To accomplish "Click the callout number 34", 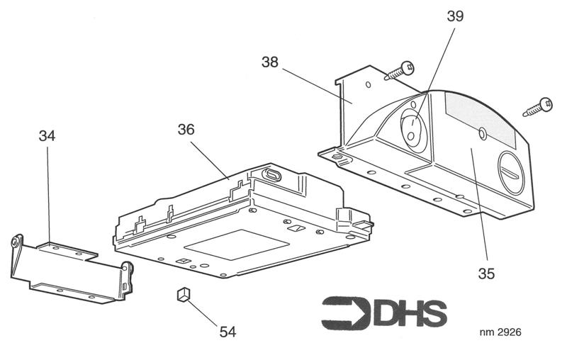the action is pos(47,136).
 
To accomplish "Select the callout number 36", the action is pos(186,130).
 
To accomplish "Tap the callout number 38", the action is pos(270,62).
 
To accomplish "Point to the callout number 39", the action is pos(455,16).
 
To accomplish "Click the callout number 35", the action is pos(486,274).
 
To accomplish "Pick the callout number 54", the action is pos(228,332).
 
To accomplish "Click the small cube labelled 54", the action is pos(184,294).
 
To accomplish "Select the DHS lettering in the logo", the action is pos(410,313).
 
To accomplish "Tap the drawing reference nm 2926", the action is pos(500,332).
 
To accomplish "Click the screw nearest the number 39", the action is pos(400,70).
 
